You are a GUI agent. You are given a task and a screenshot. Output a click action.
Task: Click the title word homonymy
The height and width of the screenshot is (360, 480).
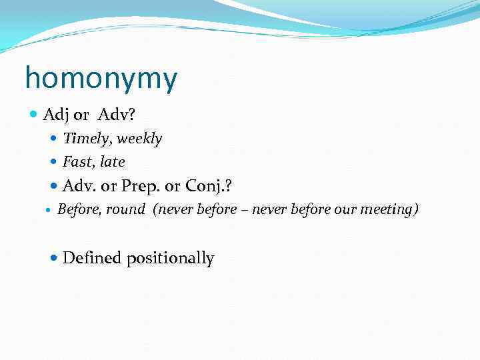coord(101,79)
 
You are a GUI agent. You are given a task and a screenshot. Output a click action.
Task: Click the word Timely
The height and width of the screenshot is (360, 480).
coord(85,139)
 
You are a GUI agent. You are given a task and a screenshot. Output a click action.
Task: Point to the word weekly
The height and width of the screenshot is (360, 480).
coord(139,139)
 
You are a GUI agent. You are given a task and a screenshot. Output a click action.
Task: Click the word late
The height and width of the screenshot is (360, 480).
coord(112,162)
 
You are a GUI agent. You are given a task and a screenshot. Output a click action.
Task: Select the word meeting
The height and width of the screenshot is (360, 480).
coord(389,209)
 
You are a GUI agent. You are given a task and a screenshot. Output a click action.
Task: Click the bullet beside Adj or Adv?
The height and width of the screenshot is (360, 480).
coord(35,115)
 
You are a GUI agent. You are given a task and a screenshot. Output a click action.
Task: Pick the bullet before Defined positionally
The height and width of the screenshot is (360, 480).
coord(55,259)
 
